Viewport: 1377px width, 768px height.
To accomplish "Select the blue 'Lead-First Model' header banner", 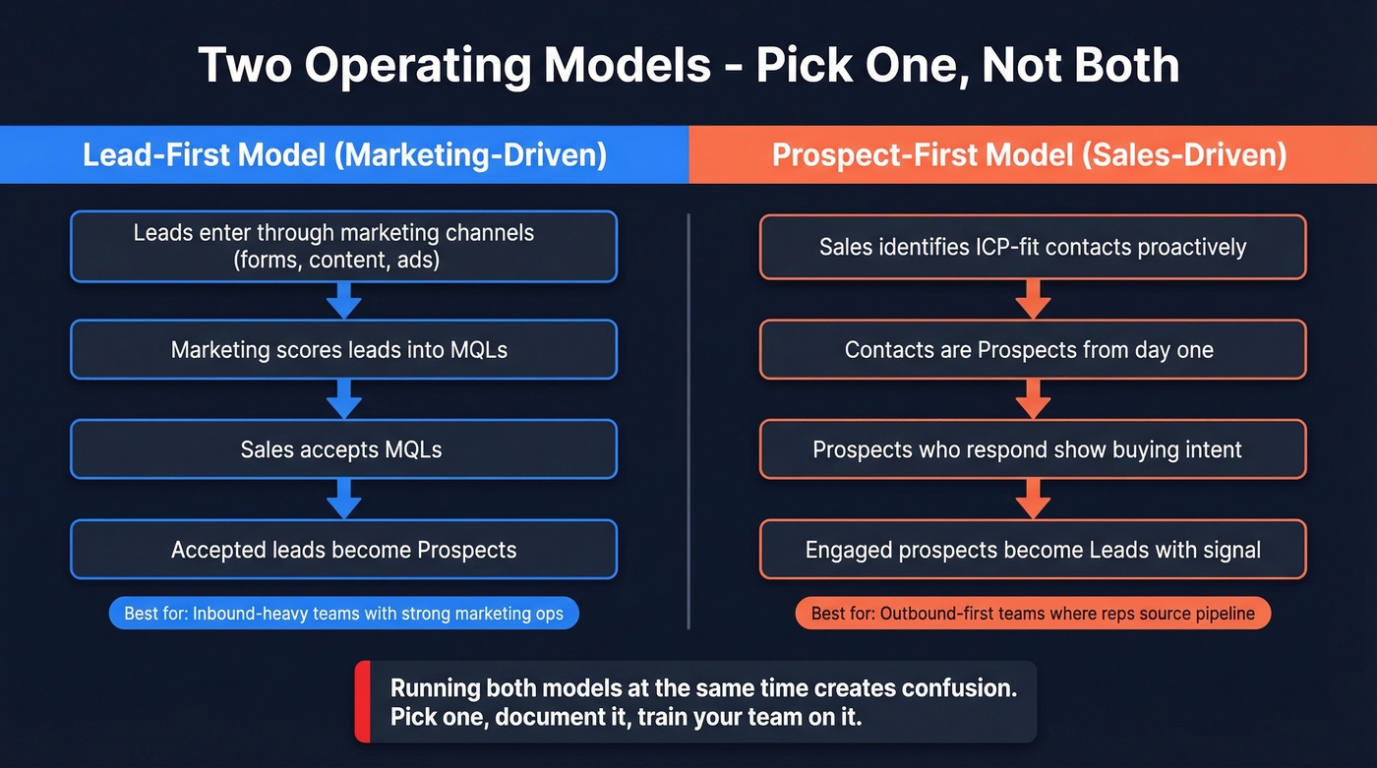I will tap(344, 155).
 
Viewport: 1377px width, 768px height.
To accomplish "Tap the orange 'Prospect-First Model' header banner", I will tap(1032, 155).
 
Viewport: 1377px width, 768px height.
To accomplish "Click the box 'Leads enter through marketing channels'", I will tap(343, 246).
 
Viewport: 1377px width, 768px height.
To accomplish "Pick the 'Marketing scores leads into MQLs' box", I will tap(343, 349).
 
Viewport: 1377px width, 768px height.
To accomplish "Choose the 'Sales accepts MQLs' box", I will tap(343, 449).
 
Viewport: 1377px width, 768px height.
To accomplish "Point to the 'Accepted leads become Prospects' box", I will tap(343, 550).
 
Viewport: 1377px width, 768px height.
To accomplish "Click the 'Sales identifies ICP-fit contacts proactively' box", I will tap(1033, 246).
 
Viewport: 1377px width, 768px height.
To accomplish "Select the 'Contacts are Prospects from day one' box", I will tap(1033, 349).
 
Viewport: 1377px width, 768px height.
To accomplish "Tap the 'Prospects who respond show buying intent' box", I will tap(1033, 449).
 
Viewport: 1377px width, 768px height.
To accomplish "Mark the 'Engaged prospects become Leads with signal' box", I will tap(1033, 550).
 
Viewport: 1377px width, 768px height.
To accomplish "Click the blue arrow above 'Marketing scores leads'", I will tap(343, 300).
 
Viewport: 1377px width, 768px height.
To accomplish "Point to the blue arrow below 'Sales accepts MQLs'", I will tap(343, 500).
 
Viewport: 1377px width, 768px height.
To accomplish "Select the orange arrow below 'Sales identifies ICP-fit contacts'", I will tap(1033, 298).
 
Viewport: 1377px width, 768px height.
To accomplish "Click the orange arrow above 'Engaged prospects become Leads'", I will tap(1033, 500).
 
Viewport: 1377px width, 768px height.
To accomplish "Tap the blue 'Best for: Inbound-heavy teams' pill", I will tap(343, 614).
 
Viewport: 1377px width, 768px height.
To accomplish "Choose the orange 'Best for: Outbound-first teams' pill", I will tap(1033, 614).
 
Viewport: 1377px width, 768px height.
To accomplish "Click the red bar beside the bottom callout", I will tap(362, 701).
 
